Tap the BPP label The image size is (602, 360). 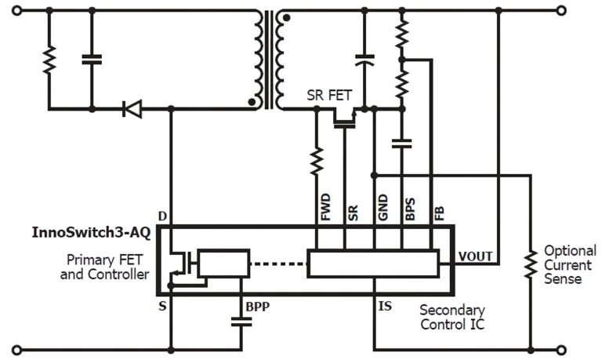258,306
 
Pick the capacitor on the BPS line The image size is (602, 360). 402,143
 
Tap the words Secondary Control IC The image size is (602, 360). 452,317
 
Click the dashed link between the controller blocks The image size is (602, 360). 278,264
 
